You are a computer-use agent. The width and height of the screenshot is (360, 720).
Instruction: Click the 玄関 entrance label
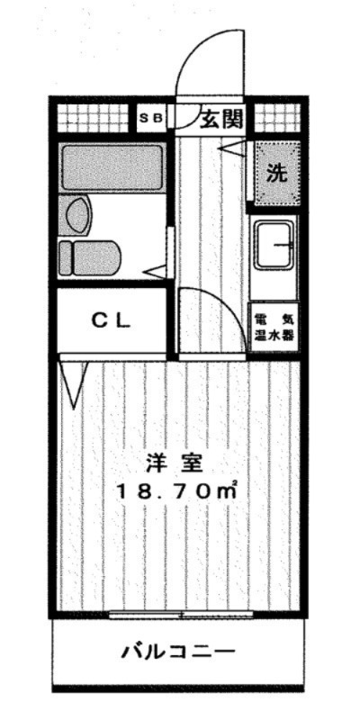click(x=220, y=117)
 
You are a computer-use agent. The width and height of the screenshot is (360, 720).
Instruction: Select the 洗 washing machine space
click(x=276, y=172)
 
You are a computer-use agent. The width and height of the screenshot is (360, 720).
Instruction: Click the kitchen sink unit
click(x=276, y=244)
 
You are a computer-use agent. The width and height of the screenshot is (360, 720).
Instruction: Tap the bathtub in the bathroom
click(x=112, y=165)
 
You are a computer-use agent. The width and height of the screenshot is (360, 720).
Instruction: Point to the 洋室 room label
click(x=177, y=465)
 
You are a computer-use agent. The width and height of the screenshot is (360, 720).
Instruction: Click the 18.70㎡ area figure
click(x=176, y=491)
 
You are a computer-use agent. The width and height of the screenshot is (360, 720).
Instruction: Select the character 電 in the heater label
click(x=261, y=320)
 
